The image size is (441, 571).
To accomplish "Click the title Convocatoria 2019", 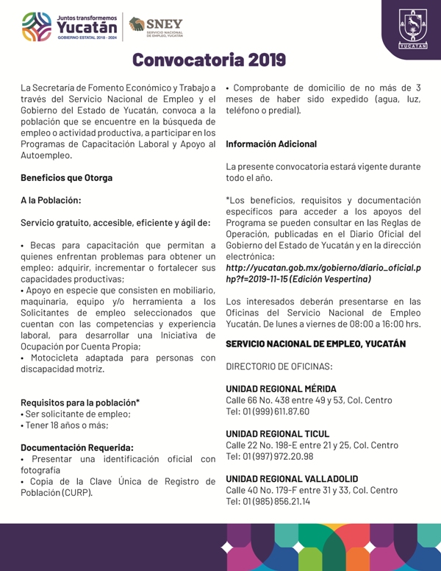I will [x=210, y=59].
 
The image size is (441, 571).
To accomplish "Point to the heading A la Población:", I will [x=51, y=199].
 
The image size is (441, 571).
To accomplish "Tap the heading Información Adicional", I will [x=271, y=144].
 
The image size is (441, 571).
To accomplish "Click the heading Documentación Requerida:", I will [x=77, y=447].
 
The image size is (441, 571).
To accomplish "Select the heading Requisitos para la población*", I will [x=80, y=402].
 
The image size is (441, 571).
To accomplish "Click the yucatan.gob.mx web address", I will [x=323, y=273].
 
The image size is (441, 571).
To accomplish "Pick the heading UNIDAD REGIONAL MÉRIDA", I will [x=281, y=389].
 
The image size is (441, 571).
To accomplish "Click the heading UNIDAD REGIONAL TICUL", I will [x=277, y=434].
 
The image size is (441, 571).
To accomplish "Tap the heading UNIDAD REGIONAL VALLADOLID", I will [x=292, y=479].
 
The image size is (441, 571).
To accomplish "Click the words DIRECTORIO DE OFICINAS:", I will [x=279, y=366].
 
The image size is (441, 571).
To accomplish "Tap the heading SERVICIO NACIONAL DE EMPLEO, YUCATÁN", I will [x=316, y=344].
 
